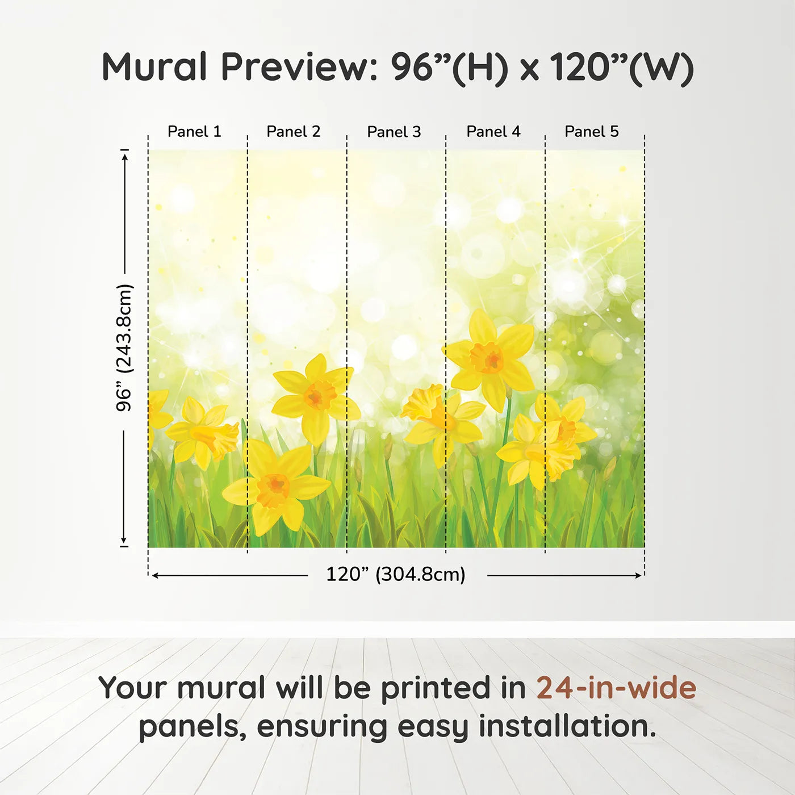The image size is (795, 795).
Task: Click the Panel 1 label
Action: coord(194,132)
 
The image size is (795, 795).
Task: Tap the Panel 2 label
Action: coord(294,132)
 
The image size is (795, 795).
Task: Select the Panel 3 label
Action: coord(394,132)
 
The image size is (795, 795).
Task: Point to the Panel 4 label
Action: coord(493,132)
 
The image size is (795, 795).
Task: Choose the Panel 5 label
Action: coord(592,132)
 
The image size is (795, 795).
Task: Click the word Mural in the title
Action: coord(154,67)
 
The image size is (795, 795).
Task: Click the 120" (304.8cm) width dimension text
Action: coord(396,574)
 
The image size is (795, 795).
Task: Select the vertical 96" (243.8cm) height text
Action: coord(123,348)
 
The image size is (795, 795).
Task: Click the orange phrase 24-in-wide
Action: coord(617,688)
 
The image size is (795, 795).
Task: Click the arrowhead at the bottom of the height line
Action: coord(123,541)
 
